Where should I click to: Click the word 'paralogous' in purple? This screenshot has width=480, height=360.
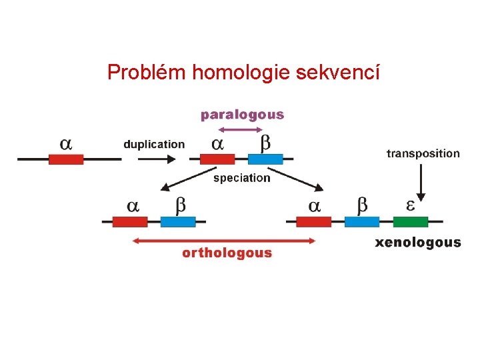click(x=242, y=115)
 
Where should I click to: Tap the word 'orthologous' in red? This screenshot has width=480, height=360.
click(x=227, y=253)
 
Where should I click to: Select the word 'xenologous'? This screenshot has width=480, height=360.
click(x=418, y=242)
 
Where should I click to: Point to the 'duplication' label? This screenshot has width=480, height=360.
click(x=154, y=144)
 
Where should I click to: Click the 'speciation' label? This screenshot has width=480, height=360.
click(x=241, y=178)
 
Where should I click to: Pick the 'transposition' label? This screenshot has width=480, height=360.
click(x=423, y=153)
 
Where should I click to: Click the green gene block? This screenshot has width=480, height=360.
click(x=411, y=221)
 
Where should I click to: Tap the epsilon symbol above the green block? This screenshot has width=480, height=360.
click(x=411, y=205)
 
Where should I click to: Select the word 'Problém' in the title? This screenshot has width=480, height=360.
click(x=147, y=71)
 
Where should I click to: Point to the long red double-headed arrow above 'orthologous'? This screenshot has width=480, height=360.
click(x=225, y=241)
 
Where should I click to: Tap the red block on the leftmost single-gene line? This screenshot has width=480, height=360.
click(x=66, y=159)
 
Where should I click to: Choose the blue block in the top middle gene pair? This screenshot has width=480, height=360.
click(x=265, y=159)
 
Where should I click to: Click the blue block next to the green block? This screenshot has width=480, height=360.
click(x=362, y=221)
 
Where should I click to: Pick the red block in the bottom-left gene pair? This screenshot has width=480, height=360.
click(x=130, y=221)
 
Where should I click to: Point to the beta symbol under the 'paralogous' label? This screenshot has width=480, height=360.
click(x=265, y=143)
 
